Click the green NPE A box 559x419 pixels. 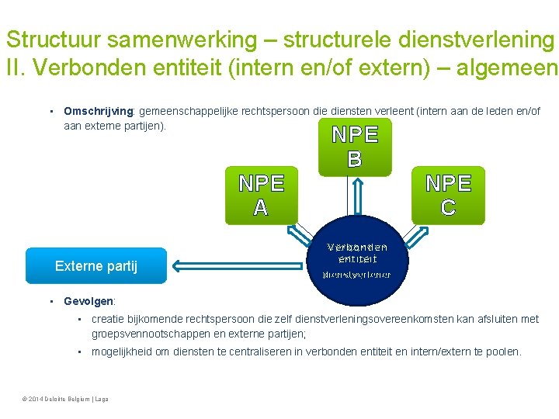tap(261, 196)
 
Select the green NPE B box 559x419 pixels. tap(355, 147)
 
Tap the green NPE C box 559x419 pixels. tap(448, 195)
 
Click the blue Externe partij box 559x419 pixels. tap(96, 266)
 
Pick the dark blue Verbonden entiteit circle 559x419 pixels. tap(357, 264)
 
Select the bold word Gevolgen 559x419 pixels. tap(89, 301)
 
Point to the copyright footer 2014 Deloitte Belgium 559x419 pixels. tap(67, 399)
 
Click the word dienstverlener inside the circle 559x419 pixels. tap(356, 275)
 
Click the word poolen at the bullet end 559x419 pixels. tap(503, 351)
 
